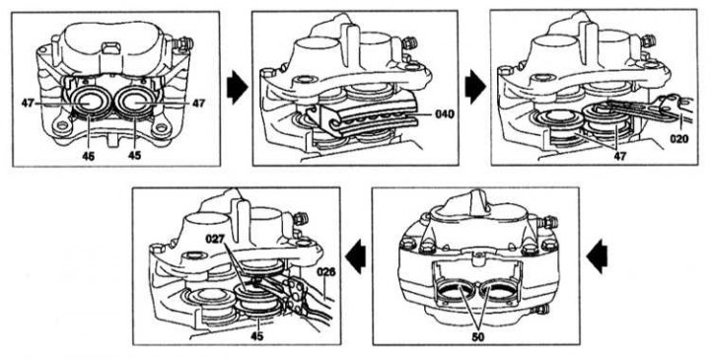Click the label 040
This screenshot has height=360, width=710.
click(444, 113)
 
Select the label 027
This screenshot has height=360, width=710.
click(215, 238)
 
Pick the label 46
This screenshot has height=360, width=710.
click(89, 156)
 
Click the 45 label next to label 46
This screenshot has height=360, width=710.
click(134, 156)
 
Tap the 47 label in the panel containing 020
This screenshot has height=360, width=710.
click(619, 156)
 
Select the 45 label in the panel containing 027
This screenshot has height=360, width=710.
click(257, 336)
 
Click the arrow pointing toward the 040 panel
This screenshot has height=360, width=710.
click(238, 87)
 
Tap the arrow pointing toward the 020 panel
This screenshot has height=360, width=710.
click(475, 87)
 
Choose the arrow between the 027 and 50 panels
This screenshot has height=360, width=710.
click(356, 257)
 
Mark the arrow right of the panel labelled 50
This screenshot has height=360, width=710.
click(597, 257)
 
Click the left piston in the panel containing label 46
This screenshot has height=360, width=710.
click(90, 104)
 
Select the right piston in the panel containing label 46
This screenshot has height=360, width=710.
click(134, 104)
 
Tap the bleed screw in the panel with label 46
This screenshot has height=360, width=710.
click(183, 44)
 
